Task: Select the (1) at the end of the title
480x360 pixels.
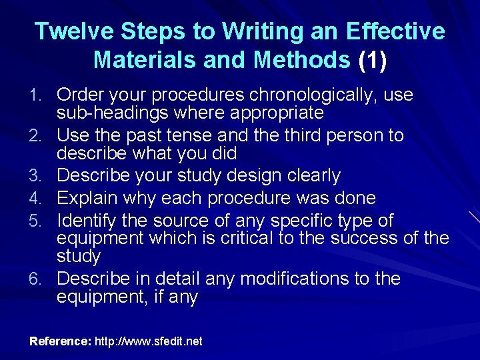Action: pyautogui.click(x=373, y=60)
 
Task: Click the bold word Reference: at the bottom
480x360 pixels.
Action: pyautogui.click(x=60, y=341)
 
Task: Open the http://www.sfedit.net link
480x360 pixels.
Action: pyautogui.click(x=149, y=341)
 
